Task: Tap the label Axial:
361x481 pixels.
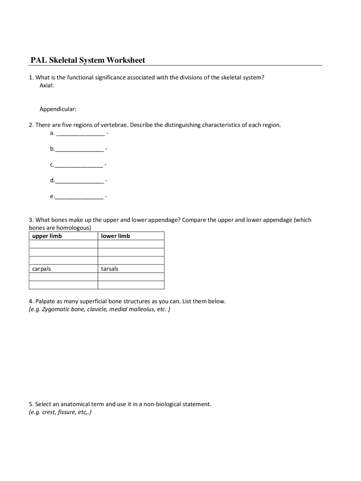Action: [47, 86]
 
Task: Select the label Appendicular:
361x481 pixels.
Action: [58, 109]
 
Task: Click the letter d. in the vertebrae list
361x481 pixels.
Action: [52, 180]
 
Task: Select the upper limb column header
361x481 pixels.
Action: [47, 236]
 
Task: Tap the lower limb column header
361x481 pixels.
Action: [115, 236]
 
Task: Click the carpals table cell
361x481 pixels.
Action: [41, 269]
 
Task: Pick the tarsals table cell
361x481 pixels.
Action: [110, 269]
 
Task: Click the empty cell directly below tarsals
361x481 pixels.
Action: [131, 277]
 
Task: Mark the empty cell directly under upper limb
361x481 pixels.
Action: [63, 244]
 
